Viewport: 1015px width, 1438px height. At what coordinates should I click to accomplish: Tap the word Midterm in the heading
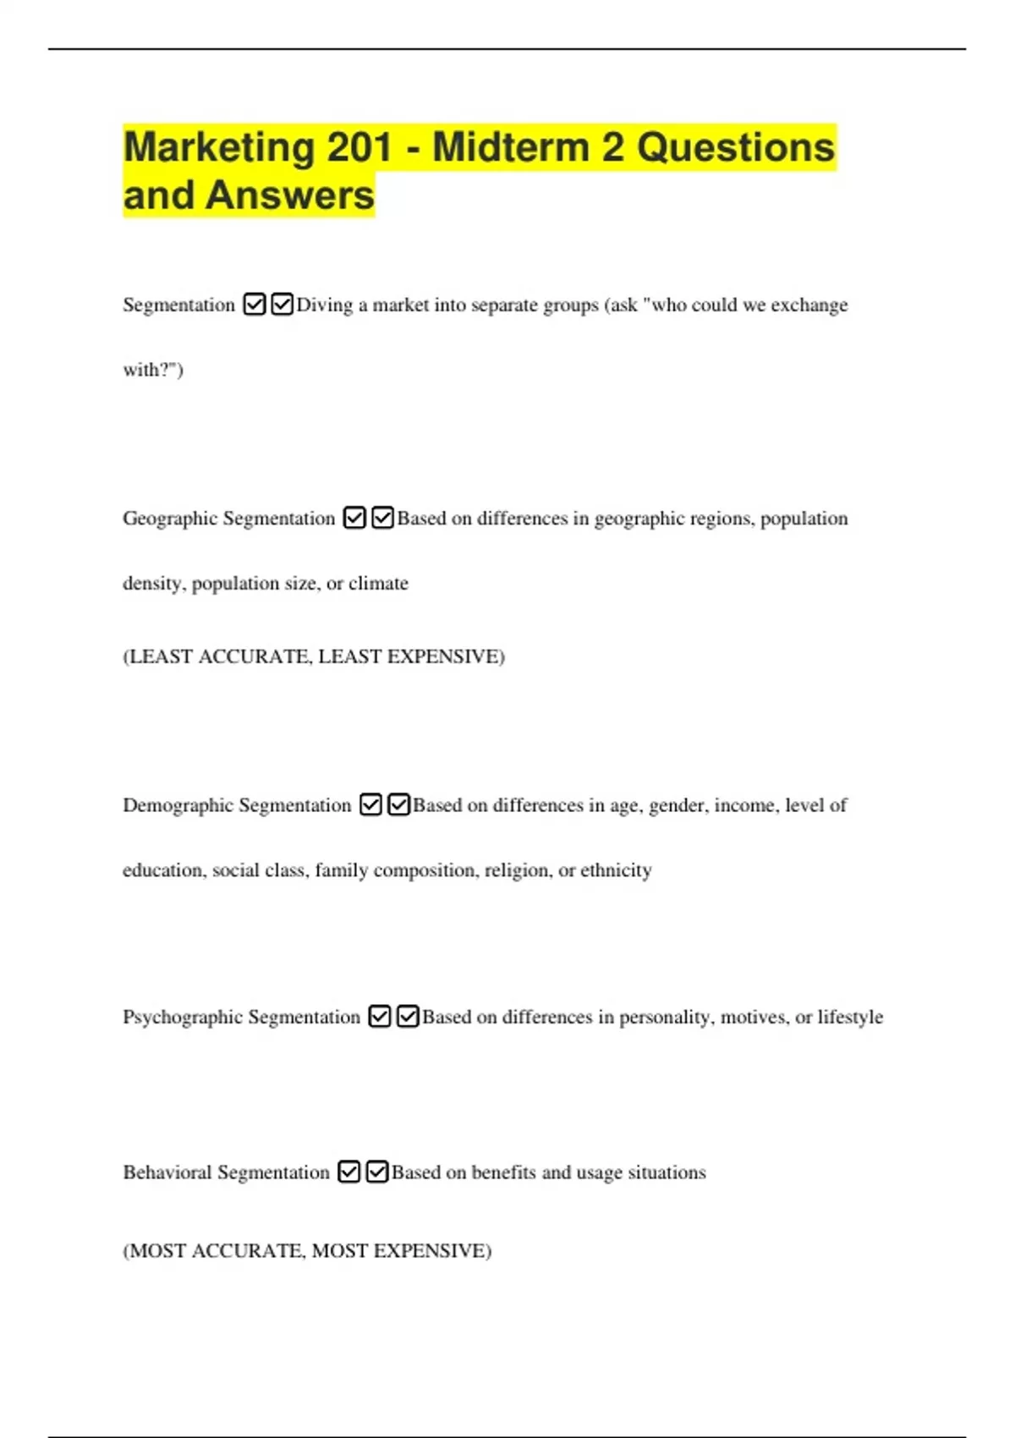coord(511,147)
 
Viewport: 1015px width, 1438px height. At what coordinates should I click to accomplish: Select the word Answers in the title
coord(289,195)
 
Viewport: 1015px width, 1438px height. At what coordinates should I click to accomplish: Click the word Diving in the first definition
coord(324,305)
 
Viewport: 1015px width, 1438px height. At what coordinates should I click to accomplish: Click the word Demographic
coord(178,805)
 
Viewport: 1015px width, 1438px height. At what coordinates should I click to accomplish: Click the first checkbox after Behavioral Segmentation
coord(348,1172)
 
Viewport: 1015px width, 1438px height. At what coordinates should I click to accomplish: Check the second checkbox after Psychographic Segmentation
coord(408,1016)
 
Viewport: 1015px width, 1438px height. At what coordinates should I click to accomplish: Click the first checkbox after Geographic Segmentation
coord(354,518)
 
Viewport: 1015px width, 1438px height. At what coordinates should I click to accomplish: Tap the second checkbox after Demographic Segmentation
coord(398,804)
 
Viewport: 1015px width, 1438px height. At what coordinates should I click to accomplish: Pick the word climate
coord(378,584)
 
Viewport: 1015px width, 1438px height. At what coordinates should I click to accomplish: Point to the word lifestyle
coord(849,1017)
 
